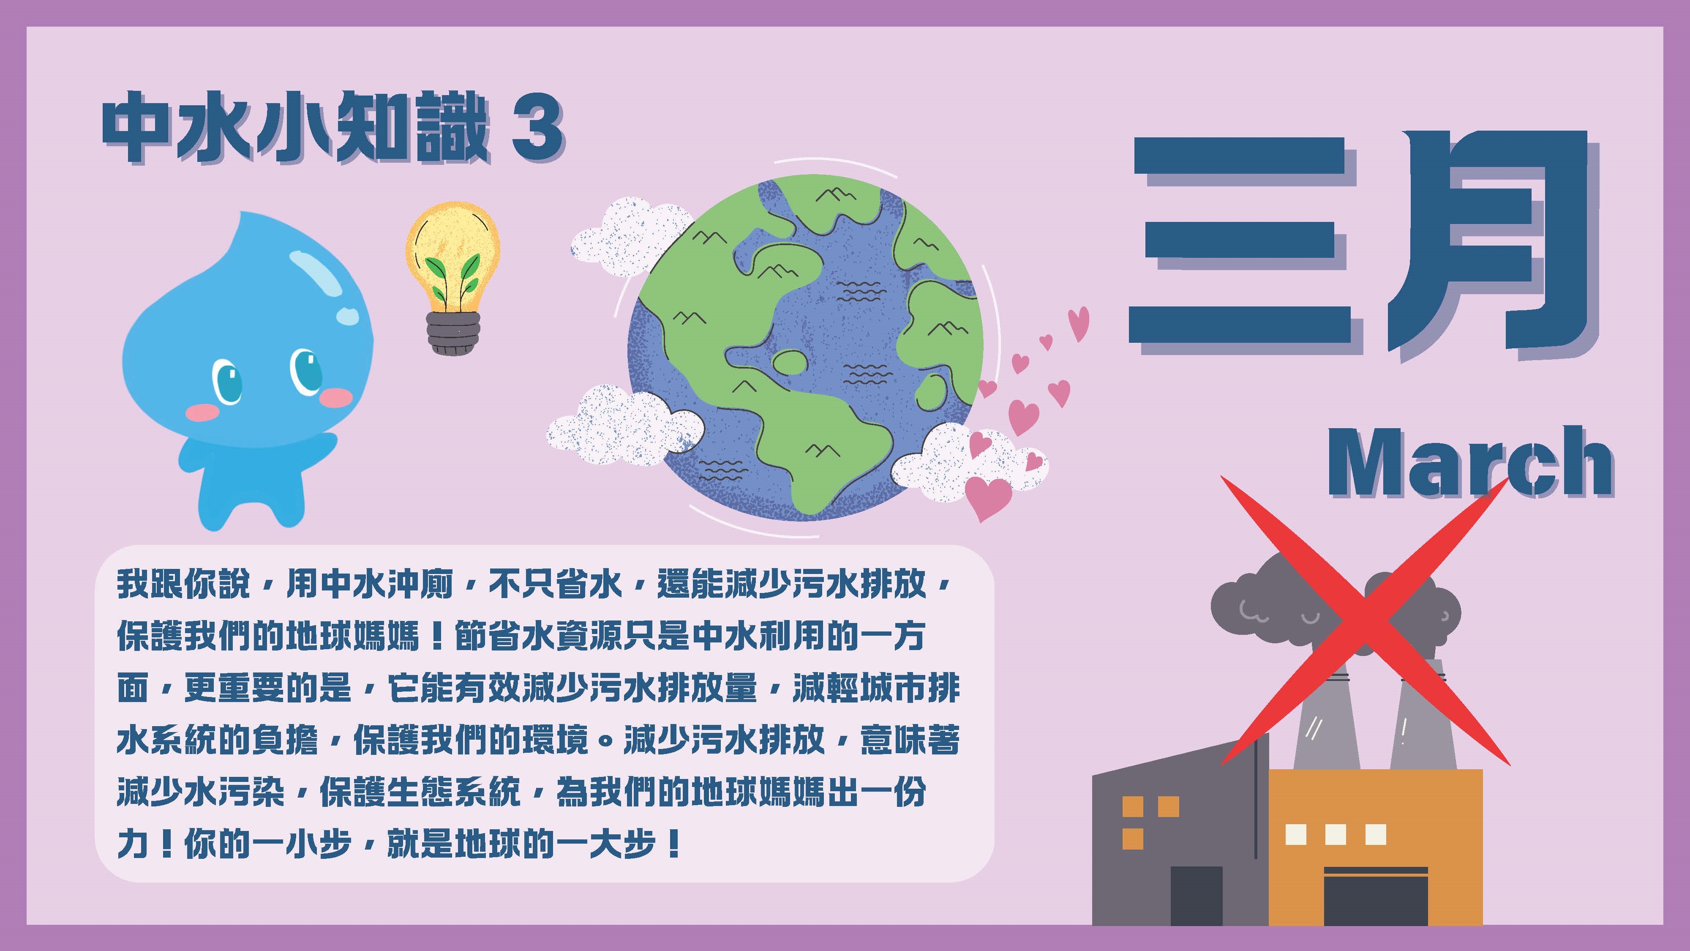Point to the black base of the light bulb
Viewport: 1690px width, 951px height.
pyautogui.click(x=452, y=333)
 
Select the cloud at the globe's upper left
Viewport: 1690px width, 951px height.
pyautogui.click(x=630, y=236)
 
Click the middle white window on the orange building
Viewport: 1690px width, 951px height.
pyautogui.click(x=1336, y=834)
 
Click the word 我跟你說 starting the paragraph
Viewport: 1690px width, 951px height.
pyautogui.click(x=184, y=583)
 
